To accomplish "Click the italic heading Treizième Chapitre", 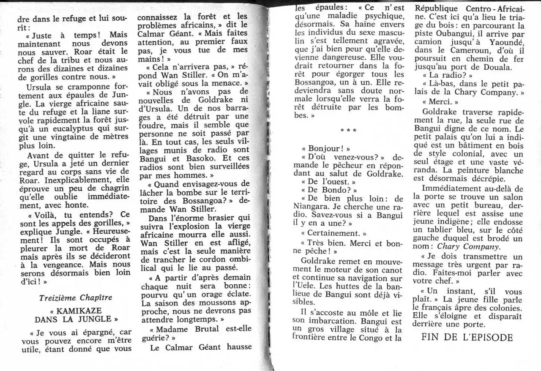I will coord(75,297).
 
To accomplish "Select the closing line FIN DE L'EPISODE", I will coord(467,337).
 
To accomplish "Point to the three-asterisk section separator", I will coord(348,131).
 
